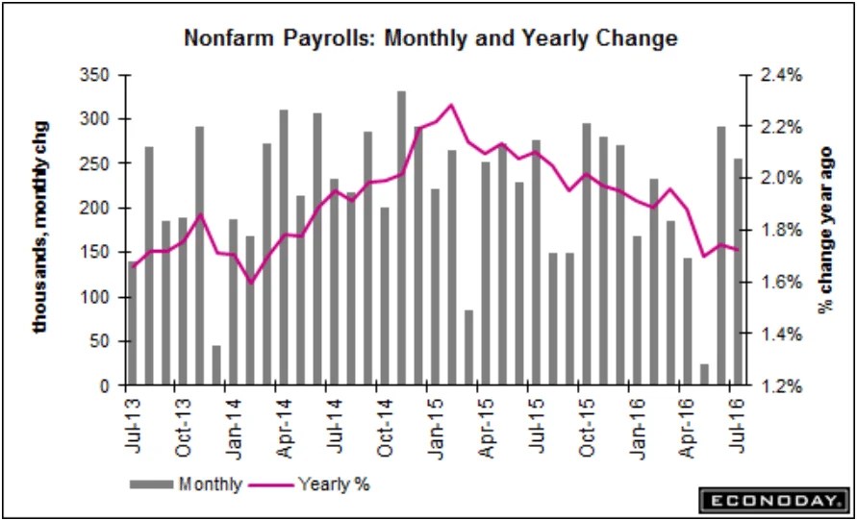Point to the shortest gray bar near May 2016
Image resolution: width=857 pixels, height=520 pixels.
pyautogui.click(x=704, y=374)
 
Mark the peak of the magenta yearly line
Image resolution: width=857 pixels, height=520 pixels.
pyautogui.click(x=451, y=105)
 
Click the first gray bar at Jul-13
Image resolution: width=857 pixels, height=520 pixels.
pyautogui.click(x=132, y=324)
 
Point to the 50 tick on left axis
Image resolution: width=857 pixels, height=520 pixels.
pyautogui.click(x=106, y=341)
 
